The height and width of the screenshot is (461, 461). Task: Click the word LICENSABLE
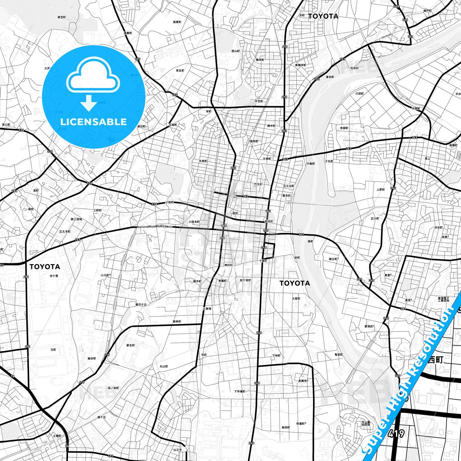93,122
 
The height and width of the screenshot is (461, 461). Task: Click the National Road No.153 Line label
155,227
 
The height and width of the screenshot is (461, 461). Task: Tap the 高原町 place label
177,22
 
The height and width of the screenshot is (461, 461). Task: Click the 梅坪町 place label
260,60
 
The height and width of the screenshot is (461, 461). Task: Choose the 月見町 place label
203,161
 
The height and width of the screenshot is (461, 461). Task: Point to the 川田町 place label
360,93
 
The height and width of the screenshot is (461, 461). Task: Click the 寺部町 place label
344,128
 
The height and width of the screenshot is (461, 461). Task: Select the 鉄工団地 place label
76,219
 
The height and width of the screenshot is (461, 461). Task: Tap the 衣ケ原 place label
54,276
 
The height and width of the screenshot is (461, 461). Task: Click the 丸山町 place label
164,367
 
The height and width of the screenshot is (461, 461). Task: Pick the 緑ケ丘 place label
101,417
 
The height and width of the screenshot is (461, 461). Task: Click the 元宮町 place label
296,299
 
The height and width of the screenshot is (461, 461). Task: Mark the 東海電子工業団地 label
443,299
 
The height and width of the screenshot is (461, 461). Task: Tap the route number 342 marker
245,196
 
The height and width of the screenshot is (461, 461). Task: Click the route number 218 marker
154,204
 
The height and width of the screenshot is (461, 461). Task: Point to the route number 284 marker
14,191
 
